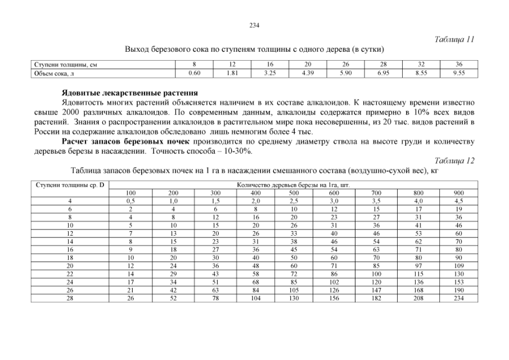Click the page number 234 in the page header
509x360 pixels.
tap(254, 25)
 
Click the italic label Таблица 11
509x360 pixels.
tap(455, 39)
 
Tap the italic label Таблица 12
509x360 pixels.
tap(455, 161)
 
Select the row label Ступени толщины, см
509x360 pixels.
tap(62, 65)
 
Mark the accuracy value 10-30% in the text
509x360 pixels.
tap(237, 151)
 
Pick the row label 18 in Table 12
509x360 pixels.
tap(70, 258)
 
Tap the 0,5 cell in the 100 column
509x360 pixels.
tap(130, 200)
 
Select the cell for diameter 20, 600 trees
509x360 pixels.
tap(335, 265)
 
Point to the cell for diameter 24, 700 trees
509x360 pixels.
tap(376, 282)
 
